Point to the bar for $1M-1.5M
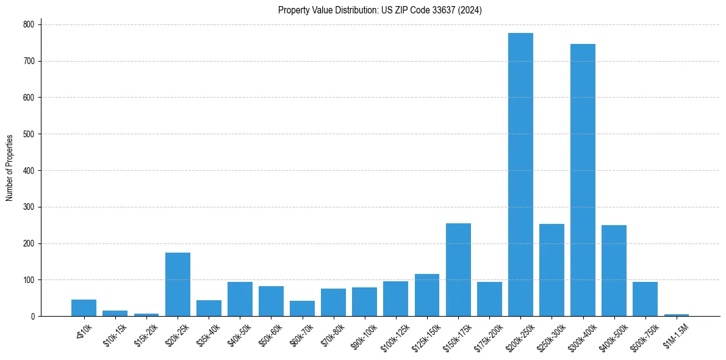[x=676, y=315]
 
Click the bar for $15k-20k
[x=146, y=315]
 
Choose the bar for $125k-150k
[x=427, y=295]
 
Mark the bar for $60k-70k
[x=302, y=308]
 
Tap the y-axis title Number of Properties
[x=10, y=168]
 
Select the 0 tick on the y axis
[x=34, y=316]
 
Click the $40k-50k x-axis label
[x=239, y=336]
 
